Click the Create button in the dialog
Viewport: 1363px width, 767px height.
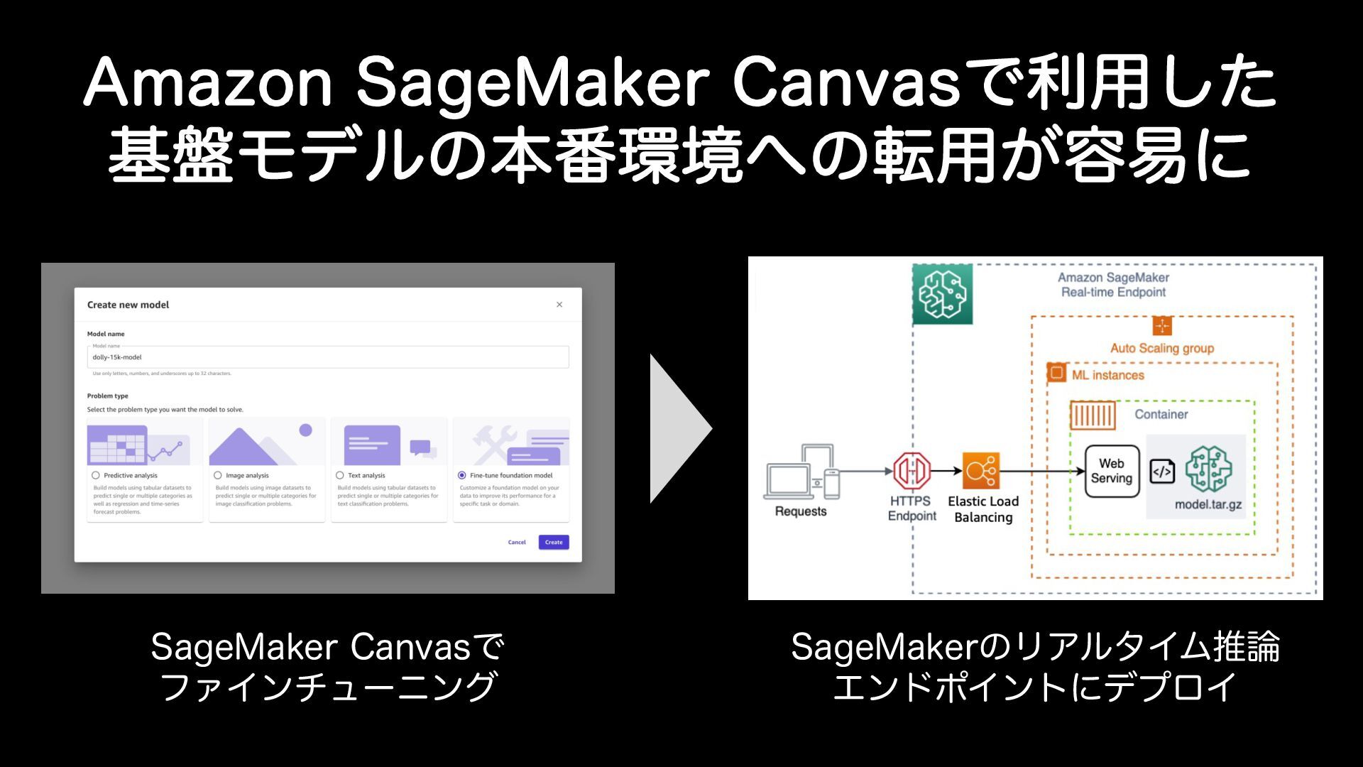tap(553, 542)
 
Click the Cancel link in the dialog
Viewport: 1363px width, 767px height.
tap(517, 542)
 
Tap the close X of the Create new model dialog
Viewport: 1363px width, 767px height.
tap(559, 305)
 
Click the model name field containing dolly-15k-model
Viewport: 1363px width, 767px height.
tap(327, 357)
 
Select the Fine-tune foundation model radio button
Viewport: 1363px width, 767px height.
tap(462, 475)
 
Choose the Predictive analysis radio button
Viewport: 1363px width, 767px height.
tap(96, 475)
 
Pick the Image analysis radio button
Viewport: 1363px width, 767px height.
tap(218, 475)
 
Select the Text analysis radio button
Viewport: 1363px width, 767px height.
tap(340, 475)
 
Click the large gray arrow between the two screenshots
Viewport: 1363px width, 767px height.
tap(678, 428)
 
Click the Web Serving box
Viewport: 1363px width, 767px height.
tap(1111, 471)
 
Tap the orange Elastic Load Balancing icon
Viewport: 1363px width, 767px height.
tap(981, 470)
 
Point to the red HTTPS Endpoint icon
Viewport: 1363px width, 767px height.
tap(912, 470)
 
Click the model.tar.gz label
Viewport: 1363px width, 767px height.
tap(1208, 505)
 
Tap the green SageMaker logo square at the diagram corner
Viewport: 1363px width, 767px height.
tap(942, 294)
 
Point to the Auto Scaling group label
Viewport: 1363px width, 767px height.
tap(1162, 348)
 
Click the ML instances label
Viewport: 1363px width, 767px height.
tap(1108, 375)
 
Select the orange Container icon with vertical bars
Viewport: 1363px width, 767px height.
tap(1093, 415)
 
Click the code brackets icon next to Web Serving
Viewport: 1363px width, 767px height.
tap(1162, 471)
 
